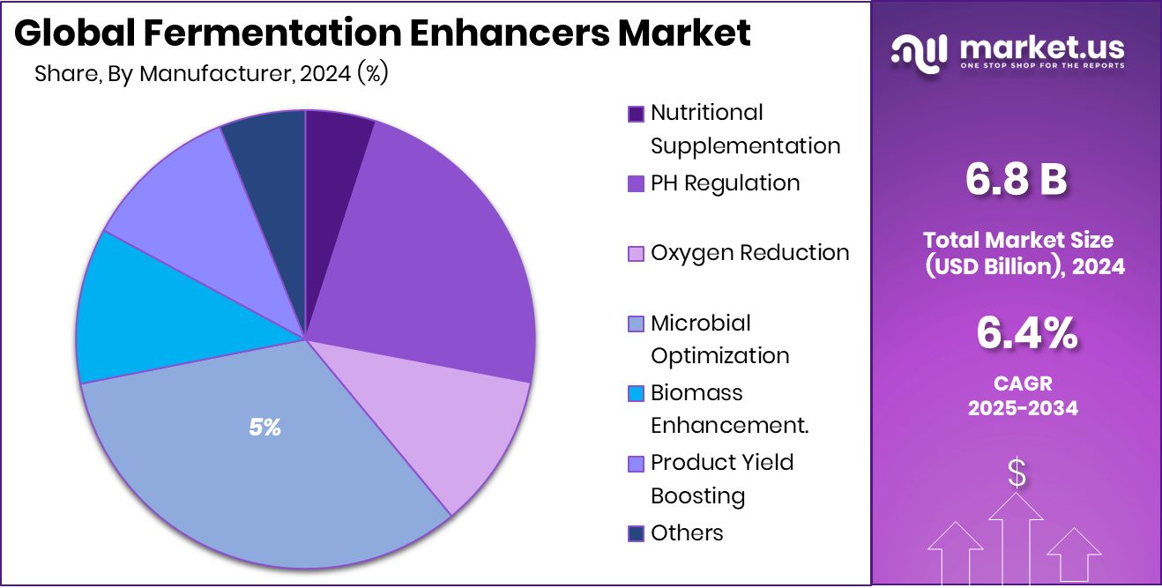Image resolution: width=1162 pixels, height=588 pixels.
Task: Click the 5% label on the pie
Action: click(264, 428)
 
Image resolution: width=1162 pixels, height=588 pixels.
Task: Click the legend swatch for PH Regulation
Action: click(636, 184)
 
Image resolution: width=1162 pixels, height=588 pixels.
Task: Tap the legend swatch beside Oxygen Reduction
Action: click(636, 254)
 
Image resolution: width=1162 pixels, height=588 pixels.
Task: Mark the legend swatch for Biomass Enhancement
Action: click(636, 393)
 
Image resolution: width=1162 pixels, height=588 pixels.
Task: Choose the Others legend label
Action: click(687, 533)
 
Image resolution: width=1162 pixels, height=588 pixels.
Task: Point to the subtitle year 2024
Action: click(325, 74)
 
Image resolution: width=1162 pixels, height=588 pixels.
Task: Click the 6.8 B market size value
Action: click(1017, 180)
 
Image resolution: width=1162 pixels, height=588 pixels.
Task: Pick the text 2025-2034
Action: click(1023, 408)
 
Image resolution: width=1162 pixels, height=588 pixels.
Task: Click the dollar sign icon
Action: click(1017, 474)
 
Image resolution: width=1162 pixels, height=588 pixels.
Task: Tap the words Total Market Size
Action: click(1017, 240)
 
